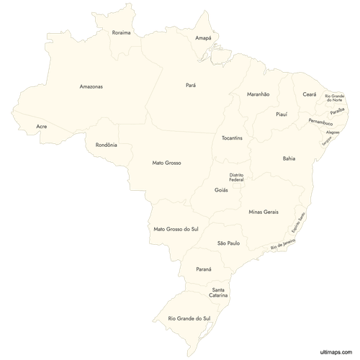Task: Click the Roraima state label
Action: coord(122,32)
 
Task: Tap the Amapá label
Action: coord(203,37)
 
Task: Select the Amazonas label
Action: coord(91,86)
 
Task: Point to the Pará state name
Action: coord(191,85)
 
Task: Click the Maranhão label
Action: coord(258,94)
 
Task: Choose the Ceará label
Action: coord(310,94)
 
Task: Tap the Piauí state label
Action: coord(282,114)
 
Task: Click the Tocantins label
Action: coord(232,137)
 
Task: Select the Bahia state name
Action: coord(289,158)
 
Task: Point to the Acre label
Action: coord(42,127)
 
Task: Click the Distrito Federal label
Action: coord(236,176)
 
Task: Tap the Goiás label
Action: coord(221,190)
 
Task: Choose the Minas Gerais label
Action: coord(263,212)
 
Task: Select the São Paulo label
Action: coord(228,243)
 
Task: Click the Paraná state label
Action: coord(204,269)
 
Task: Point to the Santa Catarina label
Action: coord(219,292)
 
